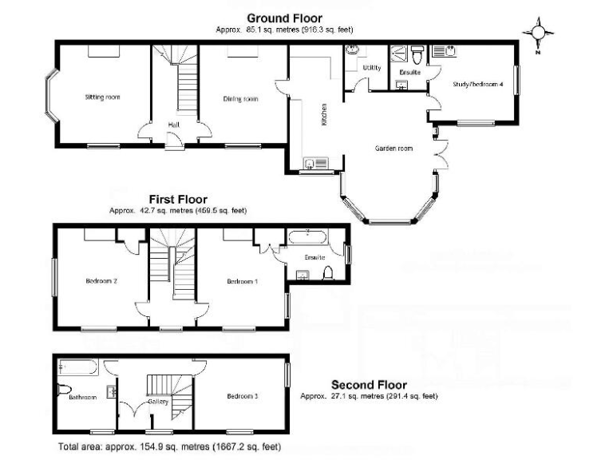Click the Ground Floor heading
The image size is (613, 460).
click(x=284, y=18)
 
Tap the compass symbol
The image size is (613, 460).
click(x=538, y=32)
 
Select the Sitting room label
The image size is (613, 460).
click(x=102, y=97)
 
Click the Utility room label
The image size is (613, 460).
click(x=372, y=69)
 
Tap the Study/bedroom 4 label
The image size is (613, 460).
click(x=477, y=84)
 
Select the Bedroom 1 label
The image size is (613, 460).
click(x=242, y=281)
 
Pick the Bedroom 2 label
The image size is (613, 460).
click(x=102, y=281)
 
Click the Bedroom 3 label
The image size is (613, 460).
click(x=242, y=396)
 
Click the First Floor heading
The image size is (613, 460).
click(x=178, y=200)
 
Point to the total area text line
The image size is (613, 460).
click(x=169, y=448)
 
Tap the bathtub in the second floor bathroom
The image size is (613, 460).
click(x=77, y=368)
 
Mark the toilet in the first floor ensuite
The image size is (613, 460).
click(x=327, y=274)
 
